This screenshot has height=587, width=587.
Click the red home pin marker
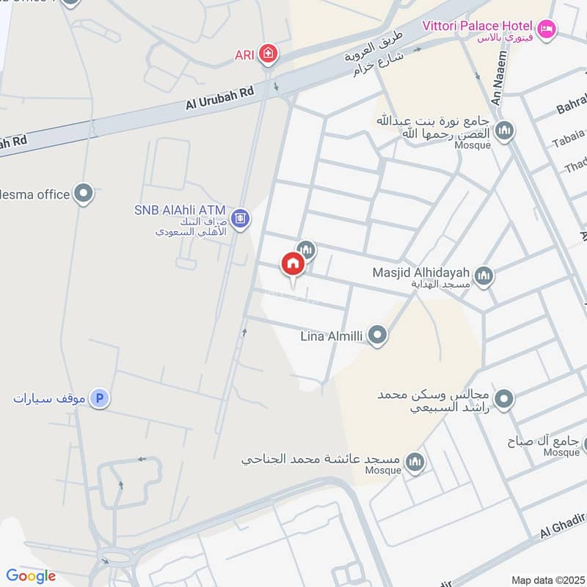[292, 264]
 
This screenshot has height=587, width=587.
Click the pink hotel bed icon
[547, 30]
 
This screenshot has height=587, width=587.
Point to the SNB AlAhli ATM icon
[239, 218]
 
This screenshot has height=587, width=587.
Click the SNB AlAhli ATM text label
[180, 211]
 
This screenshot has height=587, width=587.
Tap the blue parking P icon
[100, 398]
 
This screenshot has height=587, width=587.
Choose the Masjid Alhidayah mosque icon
[483, 276]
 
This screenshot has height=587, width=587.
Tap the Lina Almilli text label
[332, 337]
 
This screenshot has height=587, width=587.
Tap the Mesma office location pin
[84, 194]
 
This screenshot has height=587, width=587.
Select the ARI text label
[244, 54]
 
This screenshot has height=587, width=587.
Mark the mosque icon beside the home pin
[306, 250]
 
